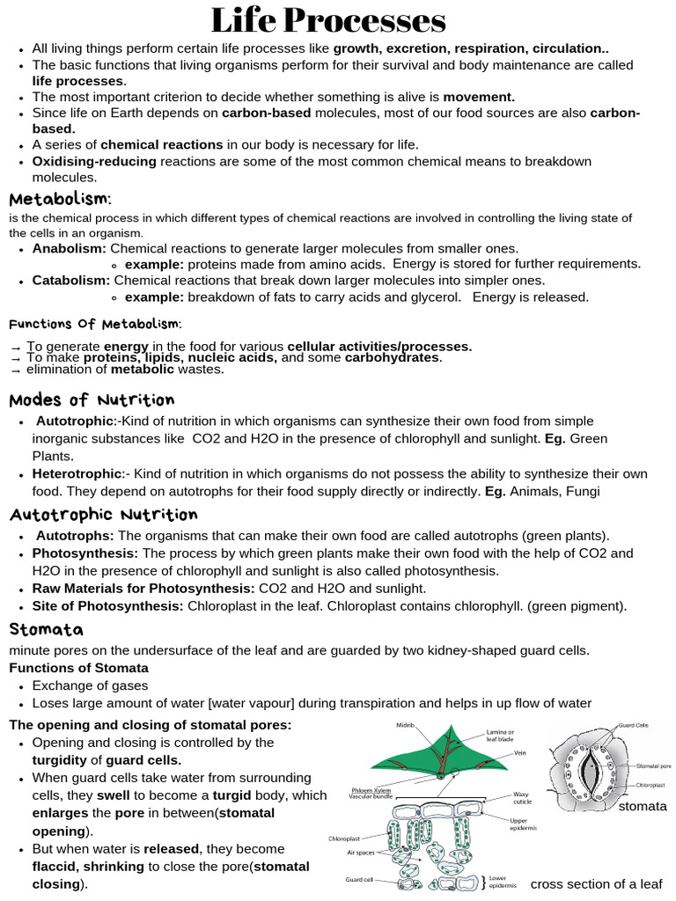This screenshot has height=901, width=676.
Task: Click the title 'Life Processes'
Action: [328, 20]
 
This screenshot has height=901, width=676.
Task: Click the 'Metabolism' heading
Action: [59, 199]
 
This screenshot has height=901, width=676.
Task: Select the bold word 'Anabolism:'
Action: [69, 249]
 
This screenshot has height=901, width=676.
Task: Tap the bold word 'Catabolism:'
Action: [71, 281]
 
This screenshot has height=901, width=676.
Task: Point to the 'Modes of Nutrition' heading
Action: [92, 400]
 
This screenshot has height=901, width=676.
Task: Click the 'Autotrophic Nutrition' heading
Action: [103, 514]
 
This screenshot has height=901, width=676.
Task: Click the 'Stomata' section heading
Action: [46, 629]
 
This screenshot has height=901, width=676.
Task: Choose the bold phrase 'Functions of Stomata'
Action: [78, 668]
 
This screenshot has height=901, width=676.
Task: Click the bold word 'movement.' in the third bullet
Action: [479, 97]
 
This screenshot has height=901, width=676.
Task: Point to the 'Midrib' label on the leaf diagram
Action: [406, 725]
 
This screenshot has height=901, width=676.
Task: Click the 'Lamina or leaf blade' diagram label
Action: [503, 736]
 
